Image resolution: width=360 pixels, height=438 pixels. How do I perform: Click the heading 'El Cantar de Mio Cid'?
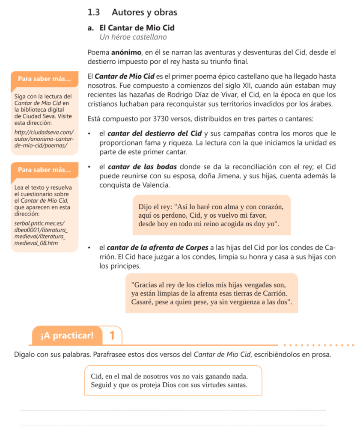tap(137, 28)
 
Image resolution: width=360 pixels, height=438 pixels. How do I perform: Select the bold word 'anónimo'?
tap(126, 53)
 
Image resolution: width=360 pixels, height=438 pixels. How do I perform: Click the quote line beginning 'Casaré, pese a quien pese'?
tap(212, 302)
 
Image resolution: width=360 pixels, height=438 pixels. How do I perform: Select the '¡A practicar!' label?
tap(67, 335)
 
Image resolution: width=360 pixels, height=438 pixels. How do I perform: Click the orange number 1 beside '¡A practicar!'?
tap(112, 335)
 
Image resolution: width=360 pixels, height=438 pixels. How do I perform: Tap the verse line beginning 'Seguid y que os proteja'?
tap(170, 385)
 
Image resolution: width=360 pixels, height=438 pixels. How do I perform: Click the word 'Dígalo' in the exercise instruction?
tap(25, 355)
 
